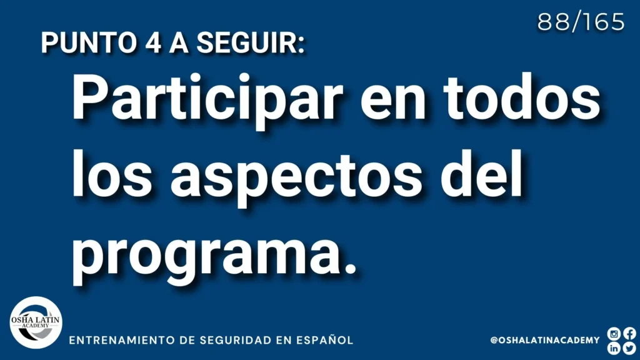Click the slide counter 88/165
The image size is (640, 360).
(581, 22)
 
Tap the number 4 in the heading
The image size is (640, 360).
(153, 42)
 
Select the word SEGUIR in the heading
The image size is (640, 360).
(251, 42)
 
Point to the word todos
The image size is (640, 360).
(522, 97)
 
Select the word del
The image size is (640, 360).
(481, 173)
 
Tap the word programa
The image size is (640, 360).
(214, 255)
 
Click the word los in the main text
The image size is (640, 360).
(112, 173)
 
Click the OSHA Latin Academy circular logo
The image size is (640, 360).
(36, 322)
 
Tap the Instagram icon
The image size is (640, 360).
(614, 334)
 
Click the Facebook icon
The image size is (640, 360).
(630, 334)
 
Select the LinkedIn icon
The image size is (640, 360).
(614, 348)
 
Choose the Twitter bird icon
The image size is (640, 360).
(630, 348)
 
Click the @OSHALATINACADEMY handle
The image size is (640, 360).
(545, 340)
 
